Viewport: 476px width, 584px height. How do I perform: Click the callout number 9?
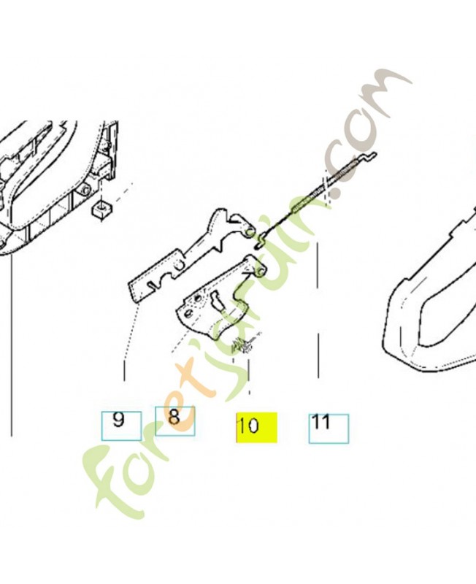[x=118, y=420]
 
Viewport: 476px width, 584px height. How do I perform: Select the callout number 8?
[x=174, y=417]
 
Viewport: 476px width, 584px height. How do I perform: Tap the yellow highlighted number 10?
[x=248, y=425]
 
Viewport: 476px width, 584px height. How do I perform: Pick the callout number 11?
[x=320, y=422]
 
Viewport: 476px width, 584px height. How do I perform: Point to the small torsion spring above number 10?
[x=242, y=345]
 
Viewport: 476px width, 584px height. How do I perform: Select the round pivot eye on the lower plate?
[x=260, y=271]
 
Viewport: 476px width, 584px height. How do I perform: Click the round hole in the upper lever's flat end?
[x=179, y=265]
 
